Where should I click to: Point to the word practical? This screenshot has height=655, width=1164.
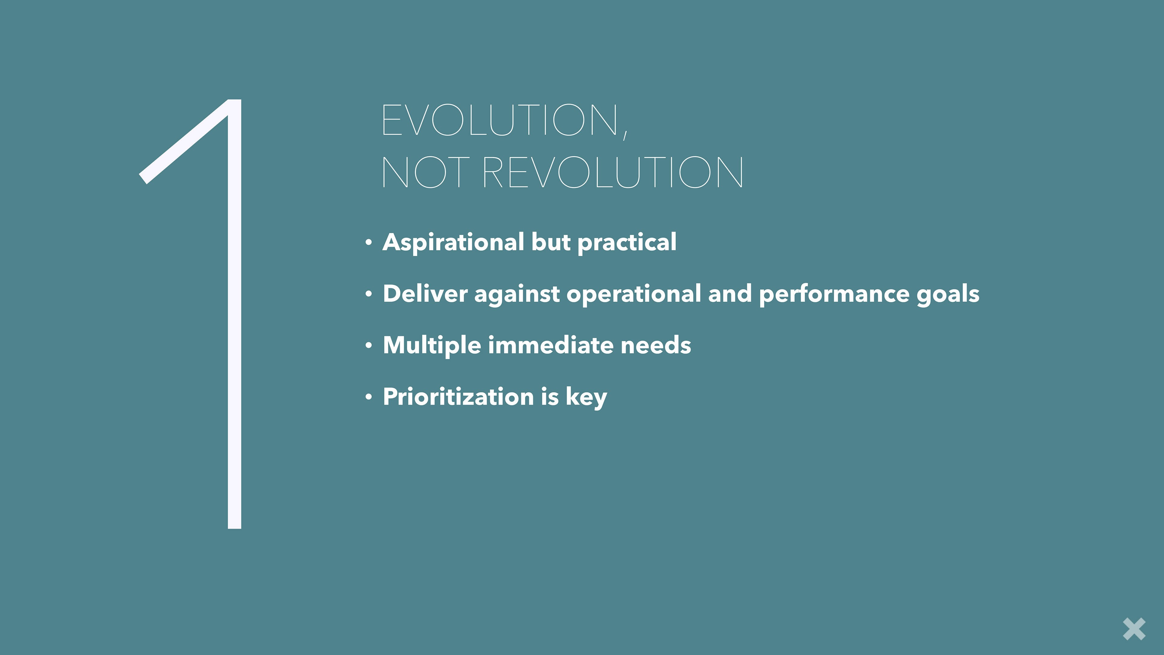click(x=627, y=243)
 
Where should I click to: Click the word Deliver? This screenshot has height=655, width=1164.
click(x=425, y=294)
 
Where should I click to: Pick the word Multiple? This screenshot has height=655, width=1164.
click(x=432, y=346)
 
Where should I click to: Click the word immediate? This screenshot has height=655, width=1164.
click(x=551, y=345)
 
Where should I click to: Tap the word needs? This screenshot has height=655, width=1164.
click(x=656, y=346)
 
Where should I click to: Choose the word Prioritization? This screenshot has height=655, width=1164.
click(x=459, y=397)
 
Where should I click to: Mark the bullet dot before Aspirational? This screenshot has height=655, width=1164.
click(x=369, y=243)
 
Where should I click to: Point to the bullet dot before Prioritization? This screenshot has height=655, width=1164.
click(x=369, y=397)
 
